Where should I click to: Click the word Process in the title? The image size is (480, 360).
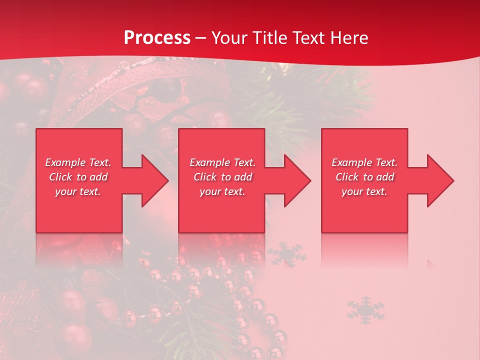click(157, 38)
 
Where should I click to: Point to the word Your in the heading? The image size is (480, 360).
click(231, 38)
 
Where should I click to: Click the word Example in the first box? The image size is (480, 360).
click(65, 162)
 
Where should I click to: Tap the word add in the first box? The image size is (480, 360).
click(99, 177)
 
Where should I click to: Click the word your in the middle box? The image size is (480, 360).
click(210, 191)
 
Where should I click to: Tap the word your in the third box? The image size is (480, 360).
click(352, 191)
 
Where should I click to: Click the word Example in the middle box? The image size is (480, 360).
click(209, 162)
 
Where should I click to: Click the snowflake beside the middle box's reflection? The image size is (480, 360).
click(286, 254)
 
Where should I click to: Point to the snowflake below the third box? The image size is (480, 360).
click(365, 310)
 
